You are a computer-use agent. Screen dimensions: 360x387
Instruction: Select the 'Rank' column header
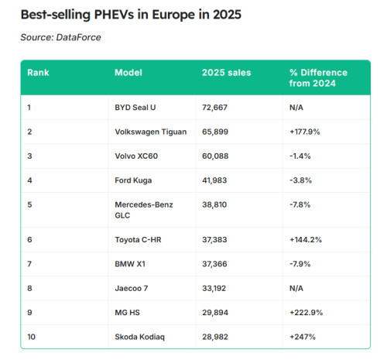tap(38, 72)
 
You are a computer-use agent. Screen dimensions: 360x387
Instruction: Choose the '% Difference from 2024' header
tap(318, 77)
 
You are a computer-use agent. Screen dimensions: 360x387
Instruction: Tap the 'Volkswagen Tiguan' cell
tap(150, 132)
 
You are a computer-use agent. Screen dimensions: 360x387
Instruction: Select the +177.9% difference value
tap(305, 132)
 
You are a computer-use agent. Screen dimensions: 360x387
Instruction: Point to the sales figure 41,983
tap(217, 180)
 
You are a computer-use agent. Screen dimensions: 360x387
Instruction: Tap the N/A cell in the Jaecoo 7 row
tap(297, 288)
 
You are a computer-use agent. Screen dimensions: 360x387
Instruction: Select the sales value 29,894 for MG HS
tap(217, 312)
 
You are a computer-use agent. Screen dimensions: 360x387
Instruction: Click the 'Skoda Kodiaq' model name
tap(140, 336)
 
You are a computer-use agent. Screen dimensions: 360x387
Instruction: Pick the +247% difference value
tap(302, 336)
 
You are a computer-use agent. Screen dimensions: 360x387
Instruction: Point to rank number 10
tap(32, 336)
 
